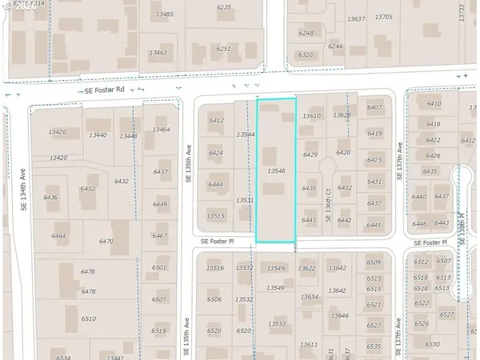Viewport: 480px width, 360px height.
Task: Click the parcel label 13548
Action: [x=276, y=170]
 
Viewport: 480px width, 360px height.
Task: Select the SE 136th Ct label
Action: [x=328, y=198]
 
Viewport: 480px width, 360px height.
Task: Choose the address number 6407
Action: [x=374, y=107]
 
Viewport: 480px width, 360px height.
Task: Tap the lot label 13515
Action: [x=215, y=215]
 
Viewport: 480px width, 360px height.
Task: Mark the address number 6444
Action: [x=215, y=184]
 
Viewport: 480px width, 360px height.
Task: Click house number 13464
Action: [x=160, y=130]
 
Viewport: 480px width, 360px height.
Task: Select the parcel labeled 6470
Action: [x=106, y=241]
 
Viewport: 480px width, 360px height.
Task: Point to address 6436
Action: [x=50, y=198]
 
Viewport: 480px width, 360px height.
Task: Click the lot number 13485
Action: [x=165, y=14]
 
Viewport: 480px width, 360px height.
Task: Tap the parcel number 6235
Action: [x=223, y=6]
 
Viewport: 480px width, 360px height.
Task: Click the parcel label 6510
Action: [x=88, y=318]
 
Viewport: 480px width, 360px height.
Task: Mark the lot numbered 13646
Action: [x=339, y=315]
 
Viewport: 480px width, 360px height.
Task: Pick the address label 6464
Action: [x=58, y=236]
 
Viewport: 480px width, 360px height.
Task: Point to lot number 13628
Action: [x=342, y=115]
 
